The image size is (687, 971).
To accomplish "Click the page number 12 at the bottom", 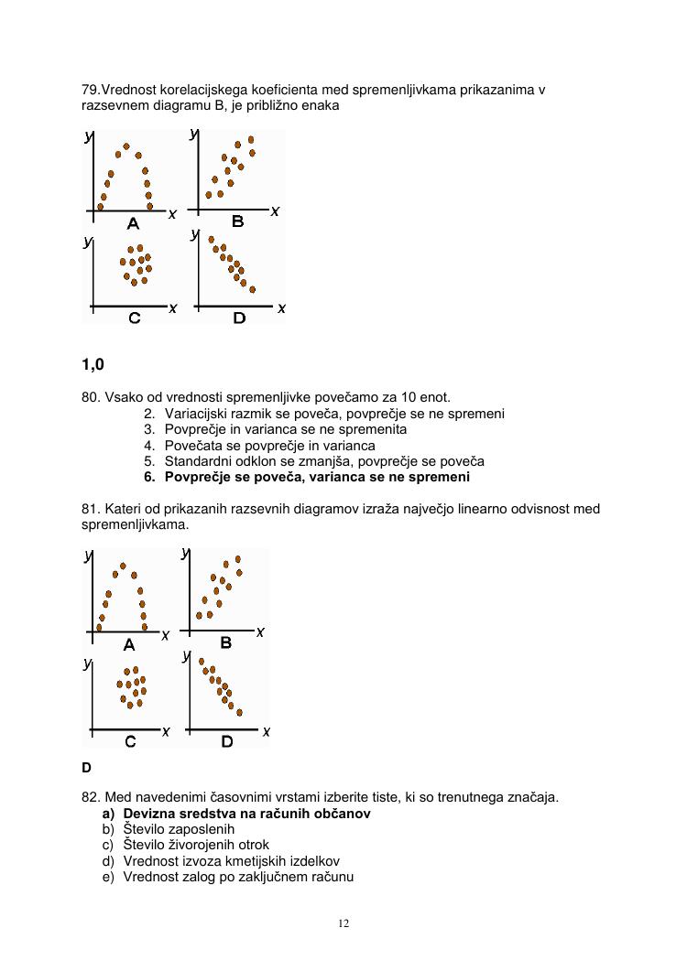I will tap(343, 923).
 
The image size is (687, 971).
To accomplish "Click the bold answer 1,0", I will tap(93, 364).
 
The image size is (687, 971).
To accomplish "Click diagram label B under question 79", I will tap(237, 221).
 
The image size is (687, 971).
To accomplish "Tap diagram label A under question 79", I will tap(133, 223).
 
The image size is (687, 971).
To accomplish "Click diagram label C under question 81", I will tap(130, 741).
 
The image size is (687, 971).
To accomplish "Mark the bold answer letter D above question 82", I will tap(87, 768).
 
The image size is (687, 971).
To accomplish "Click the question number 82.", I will tap(91, 797).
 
